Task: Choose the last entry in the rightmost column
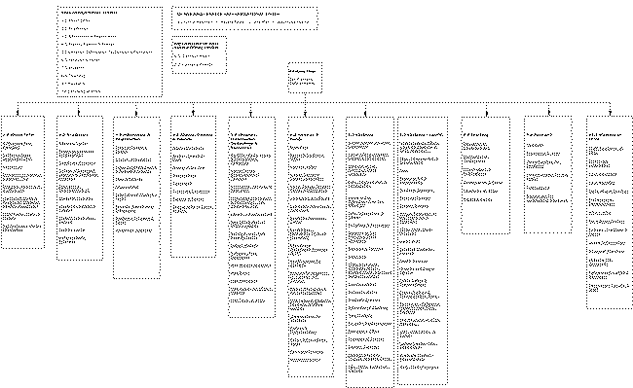(608, 289)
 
